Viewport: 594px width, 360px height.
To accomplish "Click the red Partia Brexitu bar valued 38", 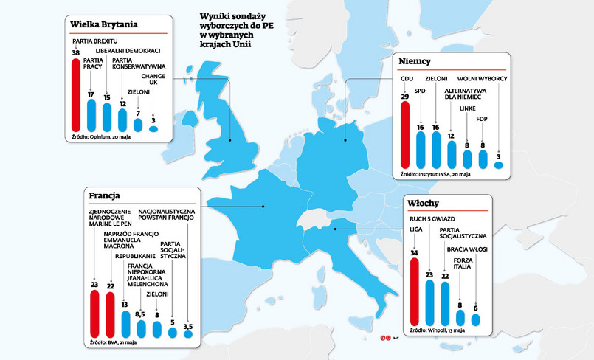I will pyautogui.click(x=76, y=94).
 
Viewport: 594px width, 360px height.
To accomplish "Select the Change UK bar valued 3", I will pyautogui.click(x=153, y=128).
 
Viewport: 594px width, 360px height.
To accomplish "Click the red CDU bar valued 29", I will pyautogui.click(x=404, y=135).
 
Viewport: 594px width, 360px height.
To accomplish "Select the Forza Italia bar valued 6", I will pyautogui.click(x=476, y=319).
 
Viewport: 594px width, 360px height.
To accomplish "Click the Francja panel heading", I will pyautogui.click(x=105, y=196).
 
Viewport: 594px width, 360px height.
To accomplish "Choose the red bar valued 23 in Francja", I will pyautogui.click(x=94, y=314).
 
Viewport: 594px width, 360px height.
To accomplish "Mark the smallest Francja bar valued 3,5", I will pyautogui.click(x=187, y=334).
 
